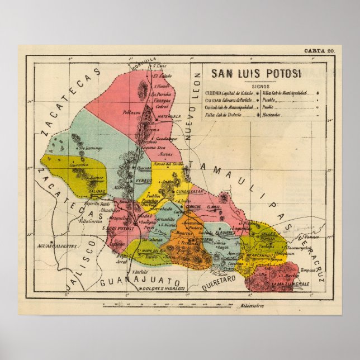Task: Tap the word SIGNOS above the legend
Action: point(260,87)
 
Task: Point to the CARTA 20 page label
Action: point(322,50)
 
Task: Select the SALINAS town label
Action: point(97,191)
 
